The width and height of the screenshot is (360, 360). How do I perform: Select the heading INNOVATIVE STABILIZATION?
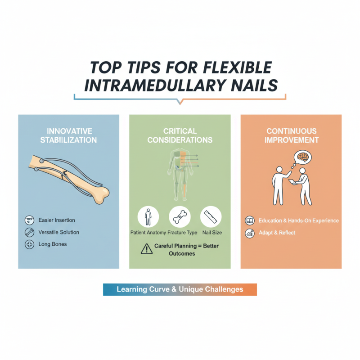click(x=69, y=135)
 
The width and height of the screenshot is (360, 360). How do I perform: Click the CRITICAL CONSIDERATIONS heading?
click(x=180, y=135)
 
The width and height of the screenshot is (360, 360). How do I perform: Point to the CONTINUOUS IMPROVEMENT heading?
click(x=291, y=135)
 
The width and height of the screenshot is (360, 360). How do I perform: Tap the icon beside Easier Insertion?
click(x=29, y=220)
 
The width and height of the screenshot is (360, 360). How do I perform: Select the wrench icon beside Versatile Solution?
click(x=29, y=232)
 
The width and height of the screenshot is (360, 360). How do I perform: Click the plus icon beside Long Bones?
click(x=29, y=244)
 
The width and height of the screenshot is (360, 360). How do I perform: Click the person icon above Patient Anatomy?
click(x=148, y=217)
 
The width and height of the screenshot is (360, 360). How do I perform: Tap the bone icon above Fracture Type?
click(x=180, y=217)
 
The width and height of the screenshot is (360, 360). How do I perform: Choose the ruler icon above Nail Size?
click(x=211, y=217)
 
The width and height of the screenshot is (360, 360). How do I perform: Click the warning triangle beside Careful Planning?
click(x=147, y=248)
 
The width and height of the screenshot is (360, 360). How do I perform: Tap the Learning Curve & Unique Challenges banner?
click(x=180, y=289)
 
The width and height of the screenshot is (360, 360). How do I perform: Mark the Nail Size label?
click(x=211, y=233)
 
